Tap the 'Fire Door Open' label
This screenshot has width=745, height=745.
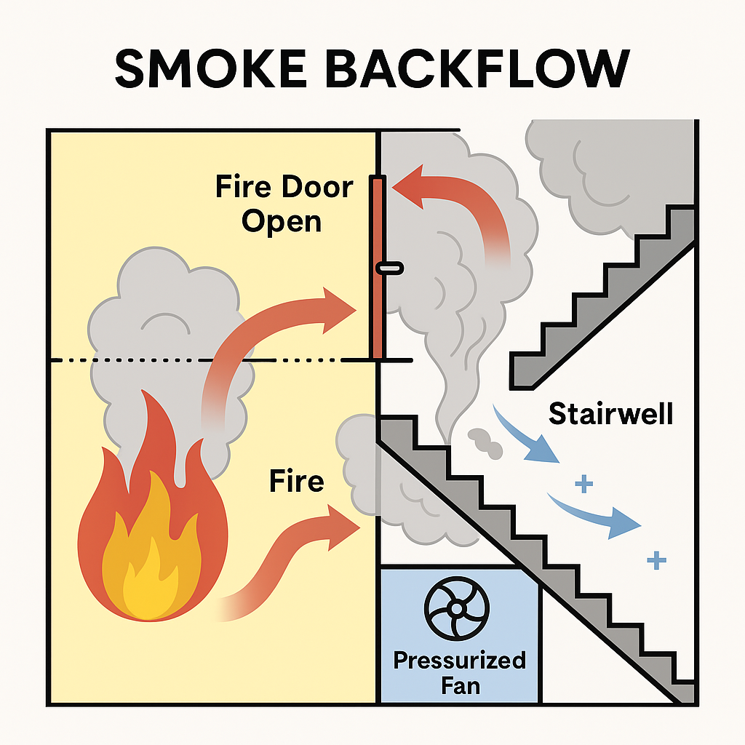click(x=284, y=204)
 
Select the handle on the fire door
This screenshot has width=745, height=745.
click(x=389, y=269)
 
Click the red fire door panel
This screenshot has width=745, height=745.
click(x=377, y=313)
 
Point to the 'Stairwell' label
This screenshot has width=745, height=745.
click(x=610, y=413)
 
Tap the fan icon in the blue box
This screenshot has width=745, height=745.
click(x=458, y=608)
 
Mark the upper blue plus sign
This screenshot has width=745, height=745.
click(x=581, y=482)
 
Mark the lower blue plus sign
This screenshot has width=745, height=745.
click(x=656, y=559)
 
